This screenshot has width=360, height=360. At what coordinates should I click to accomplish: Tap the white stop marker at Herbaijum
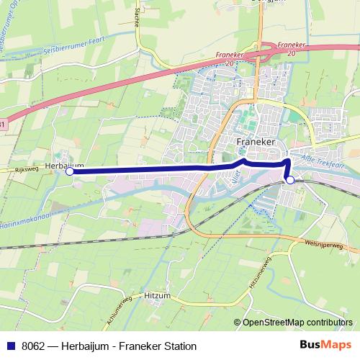(70, 171)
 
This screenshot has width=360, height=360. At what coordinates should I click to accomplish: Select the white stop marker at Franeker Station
(290, 181)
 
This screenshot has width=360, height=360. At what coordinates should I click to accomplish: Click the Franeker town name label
(256, 143)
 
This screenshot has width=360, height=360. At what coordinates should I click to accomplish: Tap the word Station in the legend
(179, 346)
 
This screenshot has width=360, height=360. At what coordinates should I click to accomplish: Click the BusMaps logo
(324, 346)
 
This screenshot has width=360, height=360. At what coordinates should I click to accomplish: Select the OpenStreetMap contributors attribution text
(295, 322)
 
